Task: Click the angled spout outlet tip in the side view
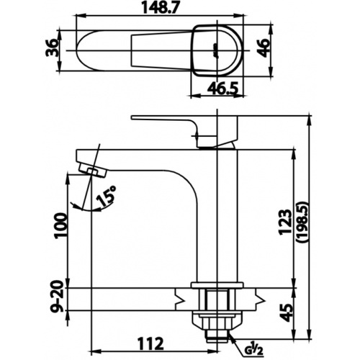point(88,170)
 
